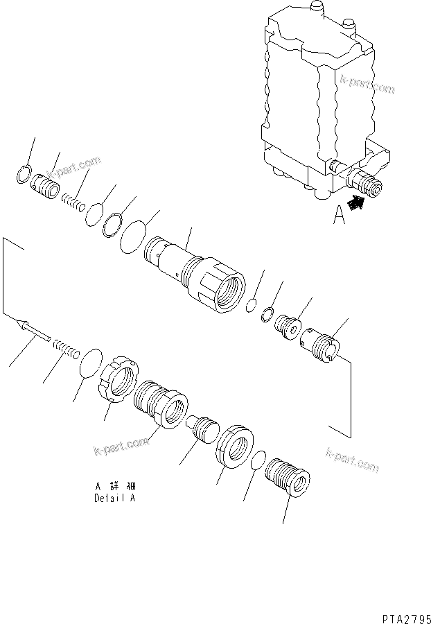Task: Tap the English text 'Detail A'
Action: pos(115,497)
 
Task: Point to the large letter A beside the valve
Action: pos(338,217)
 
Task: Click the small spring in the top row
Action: pos(72,202)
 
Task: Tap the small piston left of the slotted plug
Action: pos(286,325)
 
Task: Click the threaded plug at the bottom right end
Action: pos(287,478)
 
